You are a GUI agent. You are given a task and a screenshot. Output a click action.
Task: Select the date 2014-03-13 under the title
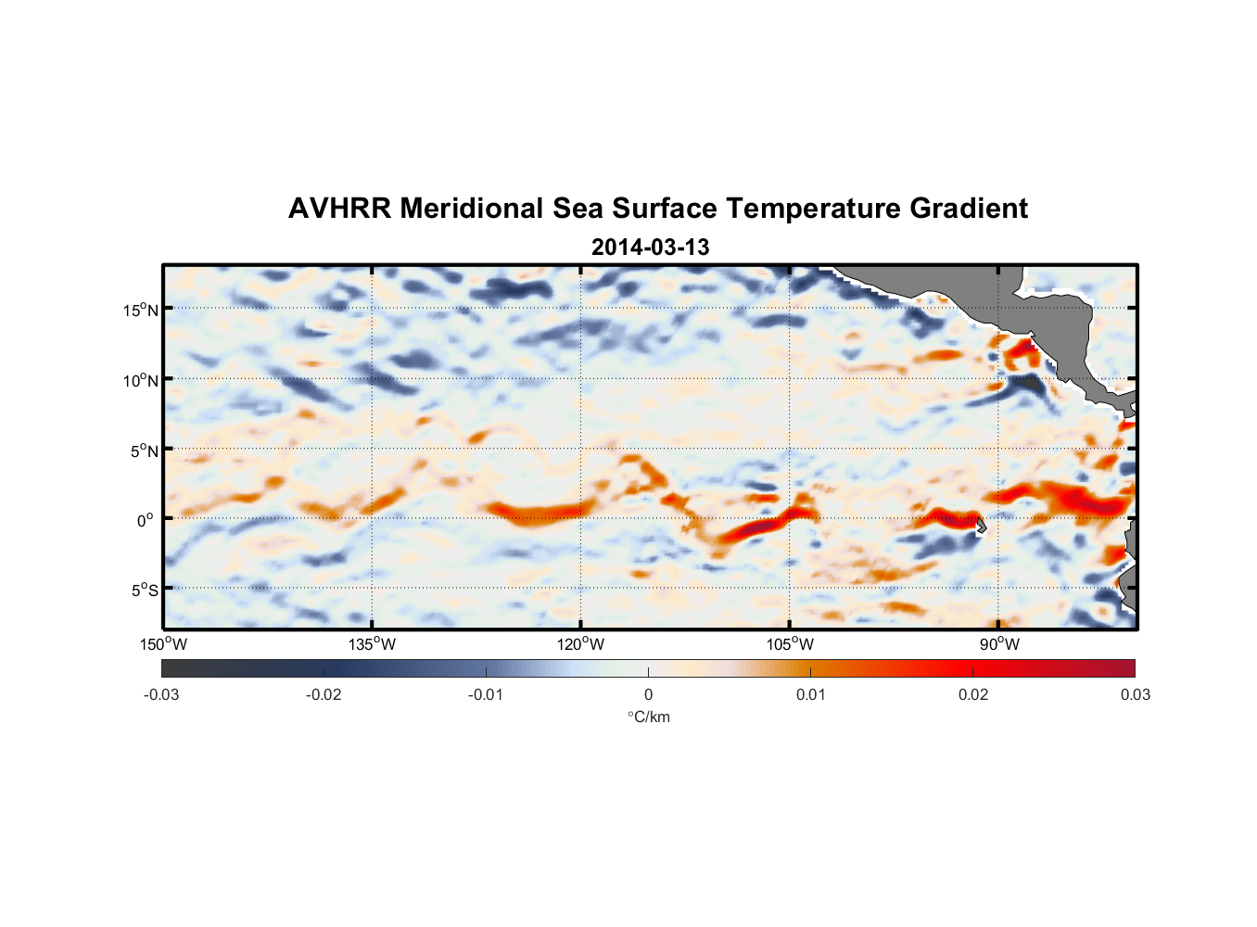tap(650, 248)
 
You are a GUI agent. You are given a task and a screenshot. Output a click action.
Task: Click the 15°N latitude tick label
tap(141, 310)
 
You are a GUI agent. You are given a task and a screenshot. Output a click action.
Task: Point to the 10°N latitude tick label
tap(141, 380)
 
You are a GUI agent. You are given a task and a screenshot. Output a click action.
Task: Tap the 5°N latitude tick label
tap(145, 451)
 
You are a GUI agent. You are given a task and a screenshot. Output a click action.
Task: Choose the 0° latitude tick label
tap(146, 521)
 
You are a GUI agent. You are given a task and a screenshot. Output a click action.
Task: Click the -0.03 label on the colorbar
tap(161, 695)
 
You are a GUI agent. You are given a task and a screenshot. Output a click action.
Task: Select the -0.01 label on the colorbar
tap(486, 695)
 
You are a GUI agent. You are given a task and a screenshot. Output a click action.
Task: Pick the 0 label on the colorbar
tap(648, 695)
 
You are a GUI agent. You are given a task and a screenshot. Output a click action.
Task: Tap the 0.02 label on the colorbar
tap(973, 695)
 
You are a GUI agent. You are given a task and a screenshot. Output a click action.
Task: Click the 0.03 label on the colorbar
tap(1135, 695)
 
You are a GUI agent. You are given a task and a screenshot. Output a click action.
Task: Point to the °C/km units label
tap(649, 717)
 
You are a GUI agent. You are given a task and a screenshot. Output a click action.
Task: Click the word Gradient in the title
tap(969, 209)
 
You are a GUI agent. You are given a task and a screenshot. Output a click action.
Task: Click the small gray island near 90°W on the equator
tap(981, 526)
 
